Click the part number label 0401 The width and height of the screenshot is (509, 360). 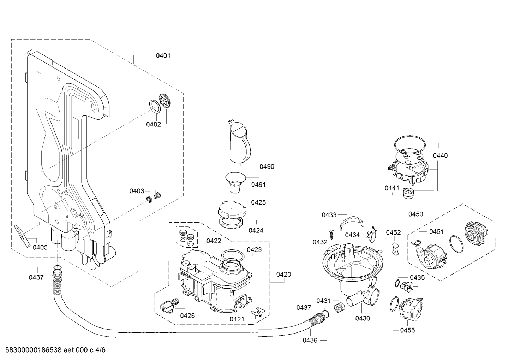(x=163, y=55)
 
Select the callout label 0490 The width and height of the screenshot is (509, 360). (x=267, y=167)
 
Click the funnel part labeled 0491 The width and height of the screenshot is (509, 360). (x=235, y=182)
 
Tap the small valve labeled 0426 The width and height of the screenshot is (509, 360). (x=169, y=306)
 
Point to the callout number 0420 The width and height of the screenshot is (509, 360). (x=283, y=275)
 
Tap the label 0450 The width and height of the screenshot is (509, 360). (x=415, y=214)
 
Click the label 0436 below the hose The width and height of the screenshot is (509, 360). (x=310, y=340)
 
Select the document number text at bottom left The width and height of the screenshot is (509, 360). (x=55, y=350)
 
